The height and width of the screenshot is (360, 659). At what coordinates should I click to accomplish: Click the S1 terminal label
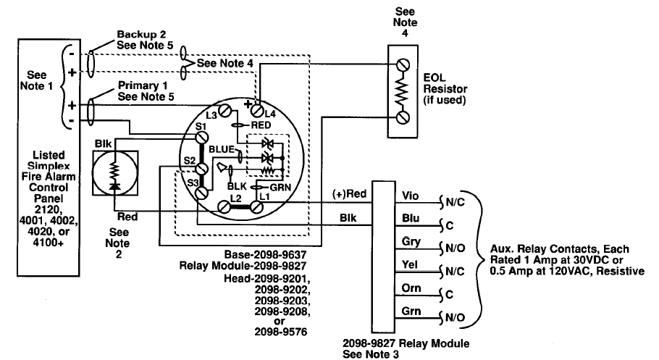[202, 127]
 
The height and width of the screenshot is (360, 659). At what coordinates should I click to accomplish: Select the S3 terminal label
[193, 183]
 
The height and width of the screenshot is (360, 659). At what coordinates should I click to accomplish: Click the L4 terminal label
[269, 114]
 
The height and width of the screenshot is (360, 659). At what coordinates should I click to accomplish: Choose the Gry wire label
[408, 240]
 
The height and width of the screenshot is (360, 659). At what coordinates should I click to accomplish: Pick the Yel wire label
[408, 264]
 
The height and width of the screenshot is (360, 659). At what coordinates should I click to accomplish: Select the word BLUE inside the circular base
[219, 149]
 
